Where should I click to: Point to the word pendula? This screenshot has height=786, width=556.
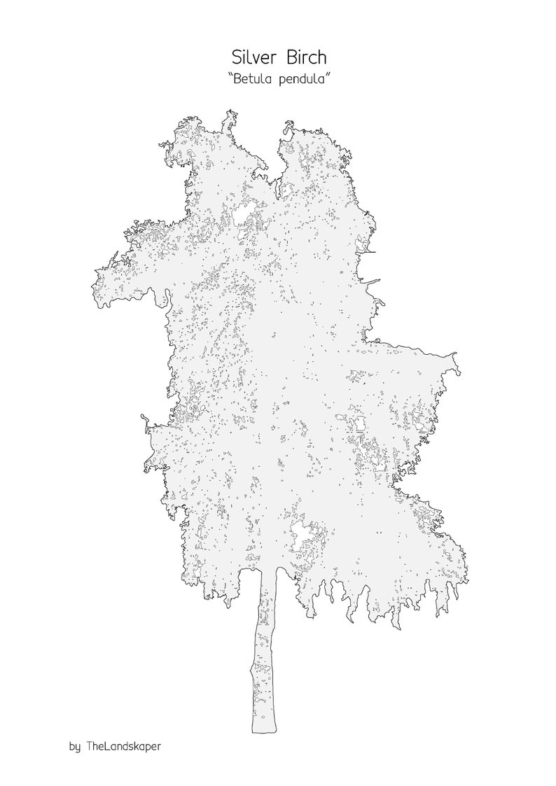click(301, 80)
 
